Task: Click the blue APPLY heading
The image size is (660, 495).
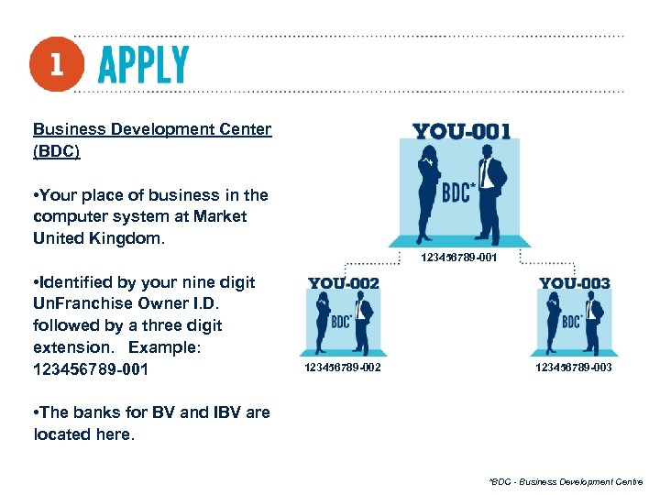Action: pos(143,65)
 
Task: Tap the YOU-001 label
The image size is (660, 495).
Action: pos(461,131)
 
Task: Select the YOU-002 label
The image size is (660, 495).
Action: pos(344,283)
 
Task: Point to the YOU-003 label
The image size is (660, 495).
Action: pos(575,283)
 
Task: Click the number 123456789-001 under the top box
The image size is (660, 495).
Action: pos(459,258)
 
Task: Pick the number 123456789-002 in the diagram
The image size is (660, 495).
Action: pos(343,368)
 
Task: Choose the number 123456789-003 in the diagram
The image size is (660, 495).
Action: pos(574,368)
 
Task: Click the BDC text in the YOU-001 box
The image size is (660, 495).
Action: pos(459,193)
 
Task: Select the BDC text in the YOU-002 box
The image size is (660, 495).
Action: pos(342,321)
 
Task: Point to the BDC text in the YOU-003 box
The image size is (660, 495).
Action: pos(573,321)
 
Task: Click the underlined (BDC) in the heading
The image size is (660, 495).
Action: pos(57,151)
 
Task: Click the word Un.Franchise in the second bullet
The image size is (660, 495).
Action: pos(79,303)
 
